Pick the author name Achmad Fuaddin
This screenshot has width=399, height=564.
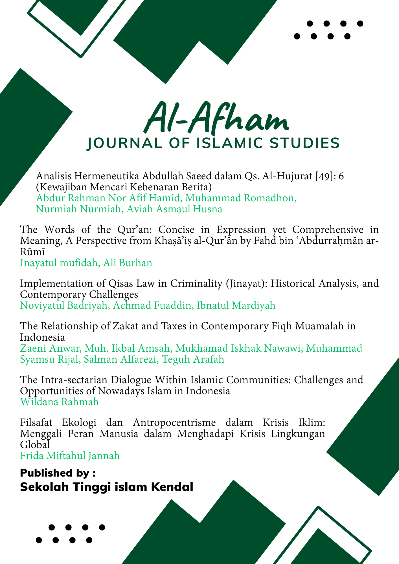coord(152,306)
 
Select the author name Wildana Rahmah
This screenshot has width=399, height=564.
coord(60,402)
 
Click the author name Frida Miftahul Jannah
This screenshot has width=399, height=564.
coord(70,456)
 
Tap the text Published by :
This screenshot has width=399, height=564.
coord(58,473)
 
